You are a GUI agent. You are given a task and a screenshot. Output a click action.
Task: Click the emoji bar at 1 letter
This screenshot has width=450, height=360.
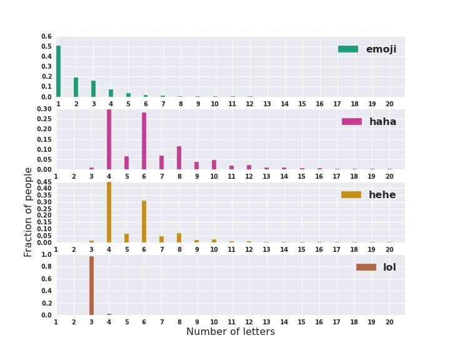point(58,71)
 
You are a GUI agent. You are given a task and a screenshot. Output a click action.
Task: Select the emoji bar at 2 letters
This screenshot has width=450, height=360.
point(76,87)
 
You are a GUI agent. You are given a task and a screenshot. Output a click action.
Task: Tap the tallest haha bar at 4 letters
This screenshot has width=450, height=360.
point(109,139)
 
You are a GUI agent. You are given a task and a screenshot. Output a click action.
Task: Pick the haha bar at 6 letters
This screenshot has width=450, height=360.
point(144,141)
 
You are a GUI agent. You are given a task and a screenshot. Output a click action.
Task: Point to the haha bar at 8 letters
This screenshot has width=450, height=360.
point(179,158)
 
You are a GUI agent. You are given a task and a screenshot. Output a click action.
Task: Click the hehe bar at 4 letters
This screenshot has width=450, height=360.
point(109,212)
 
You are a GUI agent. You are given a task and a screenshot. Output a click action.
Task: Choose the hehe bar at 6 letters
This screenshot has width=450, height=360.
point(144,222)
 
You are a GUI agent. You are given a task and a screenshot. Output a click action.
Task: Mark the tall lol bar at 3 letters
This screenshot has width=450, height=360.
point(91,286)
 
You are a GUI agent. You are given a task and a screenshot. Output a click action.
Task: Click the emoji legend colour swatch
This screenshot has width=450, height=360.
point(348,49)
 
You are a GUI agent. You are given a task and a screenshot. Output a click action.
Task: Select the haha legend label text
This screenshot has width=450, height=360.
point(382,122)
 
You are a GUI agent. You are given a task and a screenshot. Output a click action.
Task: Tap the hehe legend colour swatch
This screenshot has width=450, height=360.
point(351,195)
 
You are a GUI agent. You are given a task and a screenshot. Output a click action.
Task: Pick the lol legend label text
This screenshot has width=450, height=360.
point(389,267)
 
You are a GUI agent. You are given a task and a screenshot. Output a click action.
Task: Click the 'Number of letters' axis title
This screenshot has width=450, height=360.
point(231,332)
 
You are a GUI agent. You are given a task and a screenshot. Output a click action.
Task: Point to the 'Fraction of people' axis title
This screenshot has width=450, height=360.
point(29,212)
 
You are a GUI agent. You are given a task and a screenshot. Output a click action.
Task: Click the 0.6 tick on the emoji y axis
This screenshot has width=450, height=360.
point(47,37)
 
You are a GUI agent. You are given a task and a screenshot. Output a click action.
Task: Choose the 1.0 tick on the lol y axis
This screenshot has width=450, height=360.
point(47,255)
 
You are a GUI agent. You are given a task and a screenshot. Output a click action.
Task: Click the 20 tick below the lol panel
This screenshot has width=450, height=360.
point(389,322)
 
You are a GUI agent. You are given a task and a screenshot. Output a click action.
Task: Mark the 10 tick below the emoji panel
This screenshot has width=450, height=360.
point(214,104)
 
